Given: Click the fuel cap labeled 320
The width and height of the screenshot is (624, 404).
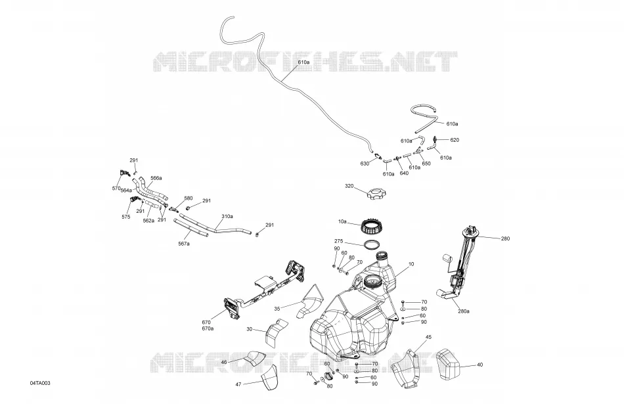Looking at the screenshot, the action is (376, 196).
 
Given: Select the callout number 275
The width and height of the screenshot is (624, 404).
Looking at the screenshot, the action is (339, 241).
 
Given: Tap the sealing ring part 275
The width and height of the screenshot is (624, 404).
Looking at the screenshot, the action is (371, 244).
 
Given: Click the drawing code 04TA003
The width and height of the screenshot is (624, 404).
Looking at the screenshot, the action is (40, 383).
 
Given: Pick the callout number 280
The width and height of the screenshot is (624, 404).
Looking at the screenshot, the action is (505, 239).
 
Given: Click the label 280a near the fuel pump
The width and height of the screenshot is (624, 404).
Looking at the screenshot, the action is (463, 311).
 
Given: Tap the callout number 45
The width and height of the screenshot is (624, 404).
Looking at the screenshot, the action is (428, 337).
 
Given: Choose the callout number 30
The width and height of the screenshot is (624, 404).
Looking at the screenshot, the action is (250, 329).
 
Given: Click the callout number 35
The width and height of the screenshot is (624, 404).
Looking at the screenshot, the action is (277, 309).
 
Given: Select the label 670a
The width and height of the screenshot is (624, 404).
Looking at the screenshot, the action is (208, 328).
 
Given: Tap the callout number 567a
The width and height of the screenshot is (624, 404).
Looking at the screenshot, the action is (184, 244).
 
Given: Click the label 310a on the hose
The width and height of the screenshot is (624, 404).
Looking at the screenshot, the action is (227, 217).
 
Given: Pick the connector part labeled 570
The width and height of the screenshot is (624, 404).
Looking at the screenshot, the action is (125, 173).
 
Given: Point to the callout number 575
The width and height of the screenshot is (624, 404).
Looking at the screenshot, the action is (126, 217).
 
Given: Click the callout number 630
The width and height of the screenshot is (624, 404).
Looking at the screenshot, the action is (365, 164).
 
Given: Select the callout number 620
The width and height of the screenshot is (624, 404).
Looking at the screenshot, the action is (455, 140).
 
